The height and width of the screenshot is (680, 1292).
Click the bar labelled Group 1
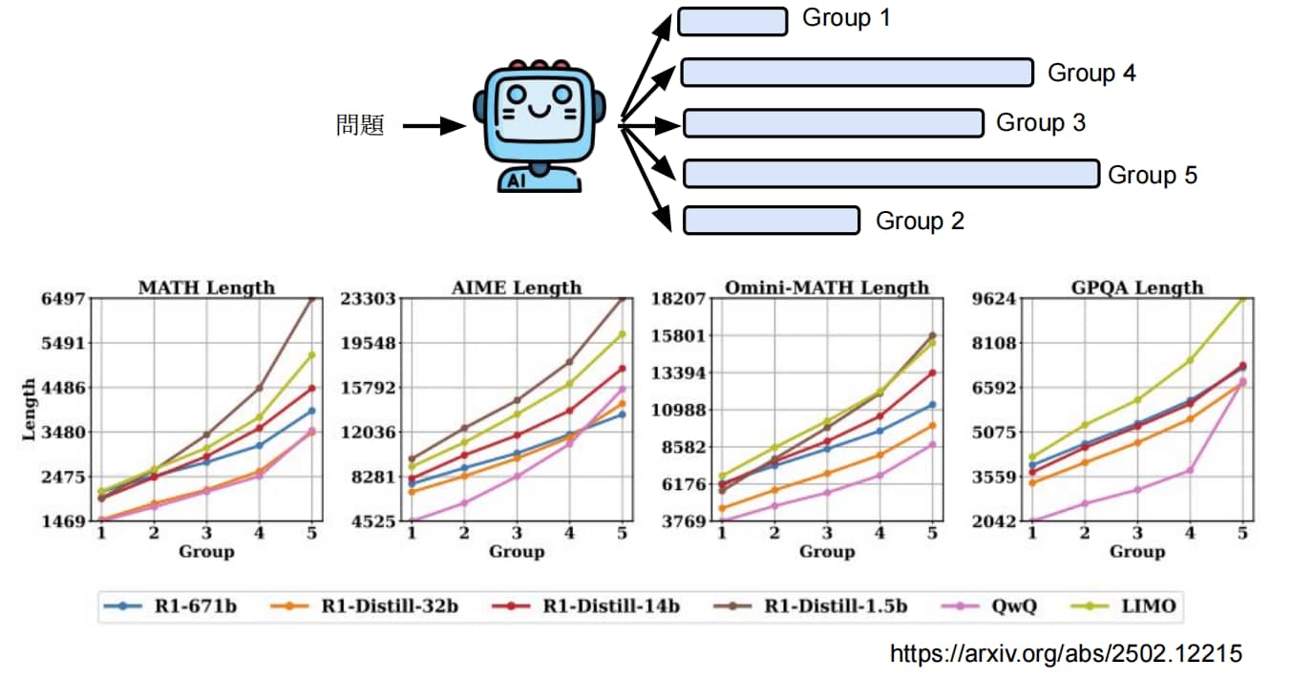pyautogui.click(x=732, y=22)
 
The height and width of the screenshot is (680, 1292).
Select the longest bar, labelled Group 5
pyautogui.click(x=892, y=174)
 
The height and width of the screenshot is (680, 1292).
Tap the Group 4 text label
pyautogui.click(x=1091, y=74)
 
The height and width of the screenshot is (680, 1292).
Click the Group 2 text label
pyautogui.click(x=920, y=221)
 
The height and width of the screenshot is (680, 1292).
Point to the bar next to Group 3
pyautogui.click(x=834, y=123)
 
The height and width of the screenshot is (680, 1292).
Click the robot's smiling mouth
pyautogui.click(x=540, y=110)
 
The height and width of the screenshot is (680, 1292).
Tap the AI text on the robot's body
pyautogui.click(x=517, y=181)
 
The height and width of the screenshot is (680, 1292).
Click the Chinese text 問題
pyautogui.click(x=360, y=125)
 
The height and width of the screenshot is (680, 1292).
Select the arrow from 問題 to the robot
pyautogui.click(x=434, y=126)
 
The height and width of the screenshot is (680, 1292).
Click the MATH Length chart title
pyautogui.click(x=206, y=287)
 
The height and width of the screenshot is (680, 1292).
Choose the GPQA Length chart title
pyautogui.click(x=1137, y=287)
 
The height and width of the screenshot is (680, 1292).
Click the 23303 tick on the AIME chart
pyautogui.click(x=368, y=299)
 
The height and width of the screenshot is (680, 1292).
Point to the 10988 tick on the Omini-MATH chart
pyautogui.click(x=678, y=410)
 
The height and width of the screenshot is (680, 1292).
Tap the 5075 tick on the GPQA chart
pyautogui.click(x=994, y=432)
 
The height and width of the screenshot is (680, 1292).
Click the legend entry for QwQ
pyautogui.click(x=989, y=606)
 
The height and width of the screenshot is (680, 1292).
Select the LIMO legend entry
pyautogui.click(x=1123, y=606)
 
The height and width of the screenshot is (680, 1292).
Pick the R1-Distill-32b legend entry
pyautogui.click(x=364, y=606)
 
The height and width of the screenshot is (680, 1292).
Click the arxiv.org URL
pyautogui.click(x=1066, y=654)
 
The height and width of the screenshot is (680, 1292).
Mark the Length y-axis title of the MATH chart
pyautogui.click(x=29, y=410)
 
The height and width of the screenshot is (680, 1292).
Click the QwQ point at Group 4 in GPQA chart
pyautogui.click(x=1189, y=471)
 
